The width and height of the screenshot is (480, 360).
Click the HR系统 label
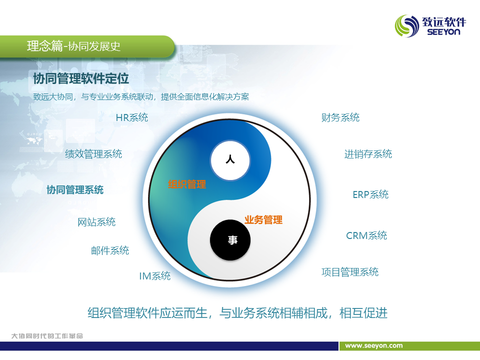(132, 117)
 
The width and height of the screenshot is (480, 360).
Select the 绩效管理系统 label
(93, 153)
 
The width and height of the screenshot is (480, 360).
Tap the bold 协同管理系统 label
(75, 190)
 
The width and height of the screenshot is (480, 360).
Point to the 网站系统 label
(96, 222)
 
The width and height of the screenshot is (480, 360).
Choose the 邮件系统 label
(110, 250)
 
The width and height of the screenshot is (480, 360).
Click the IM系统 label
(155, 276)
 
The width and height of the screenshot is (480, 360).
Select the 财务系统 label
(340, 117)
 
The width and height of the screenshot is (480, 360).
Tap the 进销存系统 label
(368, 154)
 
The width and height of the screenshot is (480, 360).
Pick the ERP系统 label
(370, 194)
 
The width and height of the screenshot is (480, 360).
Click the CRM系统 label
(366, 235)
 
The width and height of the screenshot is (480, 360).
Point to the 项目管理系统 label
(350, 272)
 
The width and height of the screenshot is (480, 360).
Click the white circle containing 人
(230, 160)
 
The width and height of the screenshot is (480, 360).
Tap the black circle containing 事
(230, 240)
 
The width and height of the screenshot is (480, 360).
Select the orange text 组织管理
(187, 184)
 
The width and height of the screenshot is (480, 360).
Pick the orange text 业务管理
(263, 220)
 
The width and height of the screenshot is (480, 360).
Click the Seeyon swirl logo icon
(407, 26)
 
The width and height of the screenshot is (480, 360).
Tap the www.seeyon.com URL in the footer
(374, 345)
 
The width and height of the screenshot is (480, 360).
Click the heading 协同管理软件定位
(81, 78)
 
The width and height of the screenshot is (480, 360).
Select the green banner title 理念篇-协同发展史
(74, 46)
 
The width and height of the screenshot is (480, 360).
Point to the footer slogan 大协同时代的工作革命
(47, 336)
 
